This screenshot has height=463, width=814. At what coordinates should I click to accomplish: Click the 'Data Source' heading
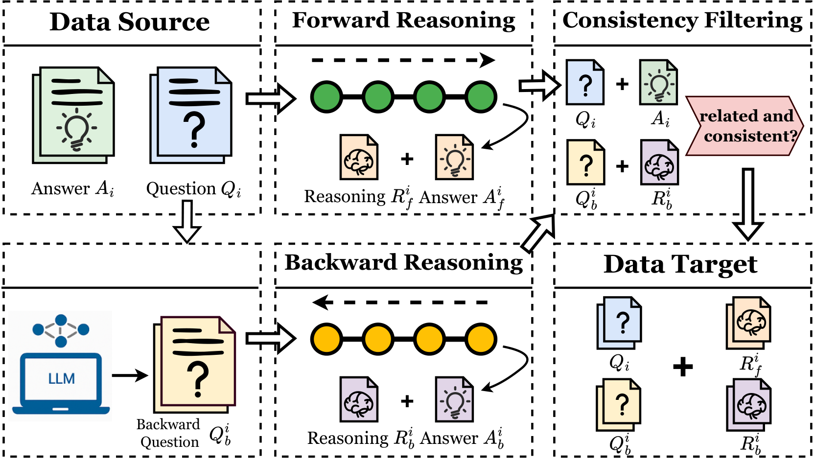click(130, 22)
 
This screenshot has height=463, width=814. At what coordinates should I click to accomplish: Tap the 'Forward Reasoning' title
click(403, 21)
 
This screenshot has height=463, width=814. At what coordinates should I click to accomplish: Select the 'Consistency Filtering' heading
click(682, 21)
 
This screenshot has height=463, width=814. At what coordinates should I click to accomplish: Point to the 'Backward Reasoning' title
click(403, 262)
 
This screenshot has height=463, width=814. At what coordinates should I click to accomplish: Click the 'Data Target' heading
click(680, 264)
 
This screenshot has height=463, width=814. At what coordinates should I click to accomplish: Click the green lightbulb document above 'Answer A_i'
click(74, 115)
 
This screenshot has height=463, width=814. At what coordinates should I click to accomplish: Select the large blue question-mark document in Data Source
click(191, 115)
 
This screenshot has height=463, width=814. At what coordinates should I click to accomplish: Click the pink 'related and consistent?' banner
click(744, 126)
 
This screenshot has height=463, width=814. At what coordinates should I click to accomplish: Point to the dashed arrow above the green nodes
click(403, 60)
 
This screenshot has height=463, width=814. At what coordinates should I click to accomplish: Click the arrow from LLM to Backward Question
click(130, 375)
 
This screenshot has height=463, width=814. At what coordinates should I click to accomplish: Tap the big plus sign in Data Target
click(683, 367)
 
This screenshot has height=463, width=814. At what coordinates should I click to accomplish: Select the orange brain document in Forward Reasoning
click(359, 158)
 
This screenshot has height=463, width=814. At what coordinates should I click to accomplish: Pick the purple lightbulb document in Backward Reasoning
click(454, 399)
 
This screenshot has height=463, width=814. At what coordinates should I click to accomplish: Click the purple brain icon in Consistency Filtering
click(659, 163)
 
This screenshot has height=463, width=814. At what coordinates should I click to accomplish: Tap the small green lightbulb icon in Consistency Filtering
click(658, 83)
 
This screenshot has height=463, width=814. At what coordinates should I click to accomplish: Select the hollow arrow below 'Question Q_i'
click(187, 221)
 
